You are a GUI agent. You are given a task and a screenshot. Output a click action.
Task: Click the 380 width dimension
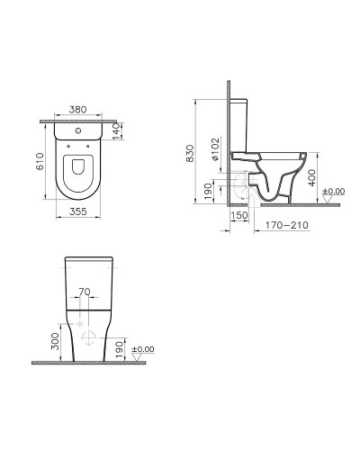pos(77,110)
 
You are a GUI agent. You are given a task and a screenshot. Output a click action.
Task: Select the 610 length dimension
pos(40,161)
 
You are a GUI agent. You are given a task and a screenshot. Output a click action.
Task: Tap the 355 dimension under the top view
pos(78,211)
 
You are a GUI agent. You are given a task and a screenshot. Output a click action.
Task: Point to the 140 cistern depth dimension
pos(117,131)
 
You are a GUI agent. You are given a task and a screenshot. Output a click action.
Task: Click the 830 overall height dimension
pos(190,153)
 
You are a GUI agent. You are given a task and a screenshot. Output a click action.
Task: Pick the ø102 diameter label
pos(215,149)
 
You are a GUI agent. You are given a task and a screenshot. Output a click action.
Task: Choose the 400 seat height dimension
pos(312,177)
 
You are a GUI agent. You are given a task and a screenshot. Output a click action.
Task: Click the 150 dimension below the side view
pos(239,215)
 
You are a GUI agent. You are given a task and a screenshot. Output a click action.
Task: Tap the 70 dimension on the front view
pos(85,292)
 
